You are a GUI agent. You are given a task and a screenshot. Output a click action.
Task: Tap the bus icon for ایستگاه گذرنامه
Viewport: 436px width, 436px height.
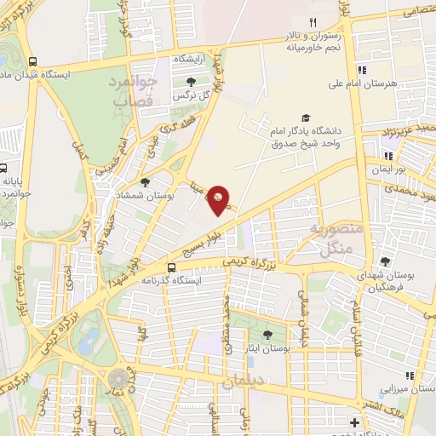coord(172,267)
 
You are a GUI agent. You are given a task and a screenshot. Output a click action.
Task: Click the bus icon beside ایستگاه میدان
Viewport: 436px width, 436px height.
coord(32,62)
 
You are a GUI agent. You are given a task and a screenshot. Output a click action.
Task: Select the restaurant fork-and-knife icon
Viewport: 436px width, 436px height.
coord(313,22)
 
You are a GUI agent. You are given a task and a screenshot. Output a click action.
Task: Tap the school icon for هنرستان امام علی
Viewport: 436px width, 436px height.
coord(362,71)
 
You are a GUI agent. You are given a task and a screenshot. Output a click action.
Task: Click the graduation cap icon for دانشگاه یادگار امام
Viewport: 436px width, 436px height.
coord(305,118)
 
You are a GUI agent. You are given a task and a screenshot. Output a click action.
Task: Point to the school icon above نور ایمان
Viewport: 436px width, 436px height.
coord(388,156)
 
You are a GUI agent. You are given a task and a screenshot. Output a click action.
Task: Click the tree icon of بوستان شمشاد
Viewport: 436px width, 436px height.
coord(146,181)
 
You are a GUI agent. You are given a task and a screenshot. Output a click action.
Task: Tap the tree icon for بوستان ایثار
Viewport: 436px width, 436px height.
coord(268,335)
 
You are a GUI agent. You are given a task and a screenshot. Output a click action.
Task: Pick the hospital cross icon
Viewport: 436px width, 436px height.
coord(354,422)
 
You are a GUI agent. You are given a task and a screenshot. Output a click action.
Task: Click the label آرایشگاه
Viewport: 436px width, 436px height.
coord(192,60)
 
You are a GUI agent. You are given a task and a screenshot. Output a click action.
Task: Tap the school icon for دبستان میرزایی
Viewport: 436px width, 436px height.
coord(410,376)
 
